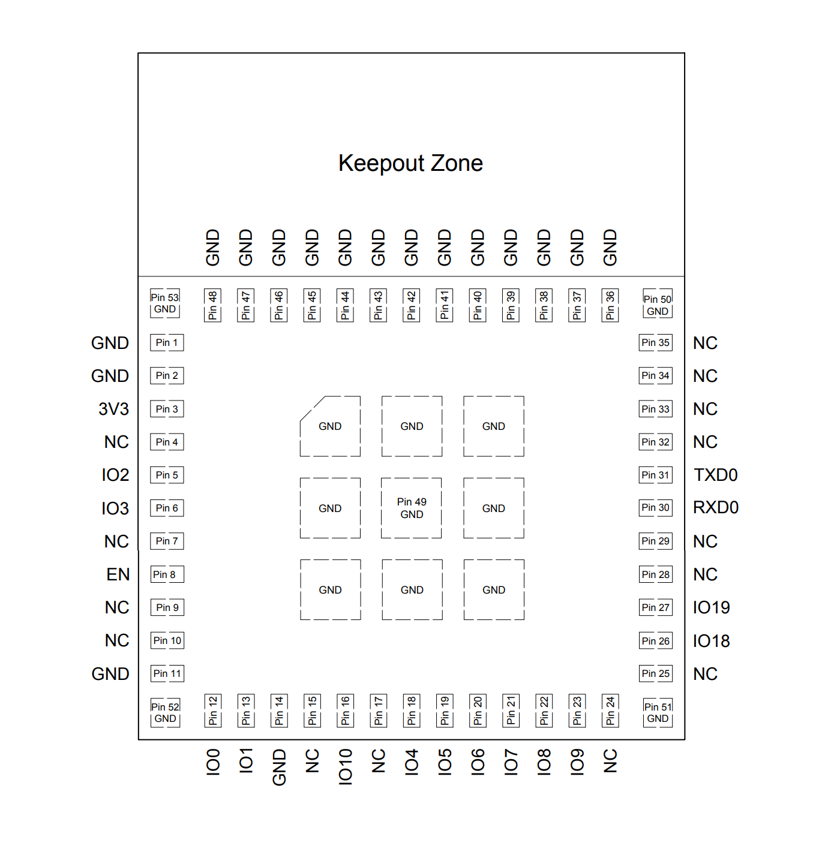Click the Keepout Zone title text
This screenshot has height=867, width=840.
coord(410,163)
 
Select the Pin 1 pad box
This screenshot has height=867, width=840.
coord(167,342)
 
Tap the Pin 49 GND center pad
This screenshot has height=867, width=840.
coord(411,508)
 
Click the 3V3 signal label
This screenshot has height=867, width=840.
coord(113,409)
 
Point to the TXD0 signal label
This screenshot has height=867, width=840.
coord(715,475)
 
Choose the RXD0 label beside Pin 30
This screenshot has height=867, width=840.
coord(716,507)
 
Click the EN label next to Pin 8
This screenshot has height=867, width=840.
coord(118,574)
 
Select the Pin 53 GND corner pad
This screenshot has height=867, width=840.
coord(165,303)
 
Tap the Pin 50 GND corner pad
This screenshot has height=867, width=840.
coord(657,305)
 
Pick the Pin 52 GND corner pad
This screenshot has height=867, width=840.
coord(165,712)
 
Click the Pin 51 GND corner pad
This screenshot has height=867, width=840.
coord(658,712)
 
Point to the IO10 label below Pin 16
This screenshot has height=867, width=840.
coord(345,766)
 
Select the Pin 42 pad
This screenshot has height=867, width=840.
coord(411,305)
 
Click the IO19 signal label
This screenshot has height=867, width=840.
coord(711,607)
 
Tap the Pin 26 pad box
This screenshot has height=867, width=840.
coord(655,641)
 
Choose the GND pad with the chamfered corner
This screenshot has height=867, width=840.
coord(330,426)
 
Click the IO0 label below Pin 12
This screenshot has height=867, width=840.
coord(213,762)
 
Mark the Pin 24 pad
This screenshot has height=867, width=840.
coord(610,711)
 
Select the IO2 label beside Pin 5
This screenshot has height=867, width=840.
coord(115,475)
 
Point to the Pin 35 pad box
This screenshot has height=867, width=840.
coord(655,342)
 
